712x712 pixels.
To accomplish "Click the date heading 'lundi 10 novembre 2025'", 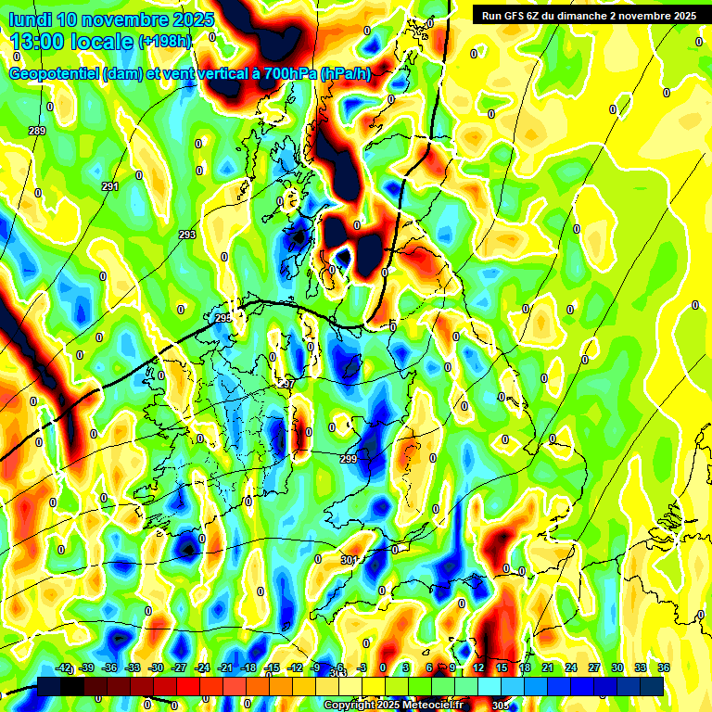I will click(111, 19).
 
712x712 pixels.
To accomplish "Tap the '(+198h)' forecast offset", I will click(165, 42).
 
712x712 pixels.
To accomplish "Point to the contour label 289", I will click(37, 131).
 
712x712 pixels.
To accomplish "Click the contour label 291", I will click(110, 186).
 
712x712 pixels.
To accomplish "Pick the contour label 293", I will click(187, 235).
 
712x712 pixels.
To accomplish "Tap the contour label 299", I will click(349, 459).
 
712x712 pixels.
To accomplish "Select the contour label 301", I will click(349, 560).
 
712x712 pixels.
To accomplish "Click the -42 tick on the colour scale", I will click(64, 667).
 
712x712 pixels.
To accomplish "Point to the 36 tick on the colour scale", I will click(664, 667).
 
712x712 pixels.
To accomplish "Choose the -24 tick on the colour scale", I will click(202, 667).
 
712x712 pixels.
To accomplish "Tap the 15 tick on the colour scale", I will click(502, 667).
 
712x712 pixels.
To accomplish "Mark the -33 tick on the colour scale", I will click(133, 667).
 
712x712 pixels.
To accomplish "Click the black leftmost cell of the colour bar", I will click(49, 686).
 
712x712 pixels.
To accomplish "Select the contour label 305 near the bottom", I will click(500, 706).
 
